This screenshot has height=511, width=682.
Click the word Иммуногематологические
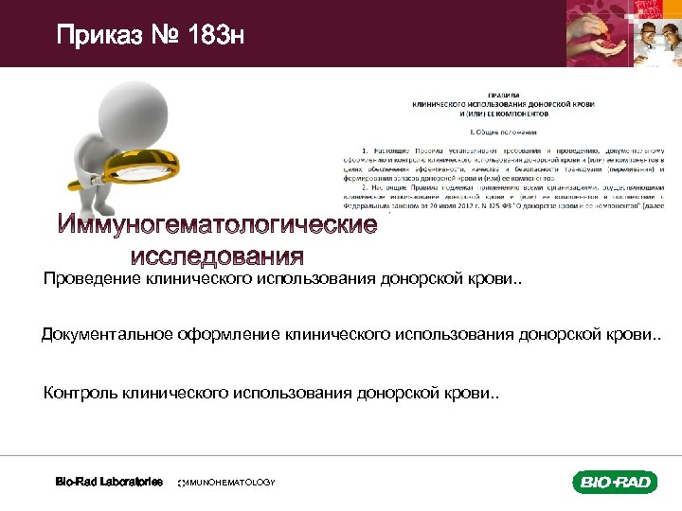tap(217, 227)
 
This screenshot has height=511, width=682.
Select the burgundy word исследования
tap(217, 256)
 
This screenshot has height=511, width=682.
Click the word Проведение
tap(91, 279)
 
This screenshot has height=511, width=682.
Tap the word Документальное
tap(103, 336)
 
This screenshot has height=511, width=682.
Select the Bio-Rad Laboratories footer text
tap(108, 482)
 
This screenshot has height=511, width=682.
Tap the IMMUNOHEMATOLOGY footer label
tap(227, 483)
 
